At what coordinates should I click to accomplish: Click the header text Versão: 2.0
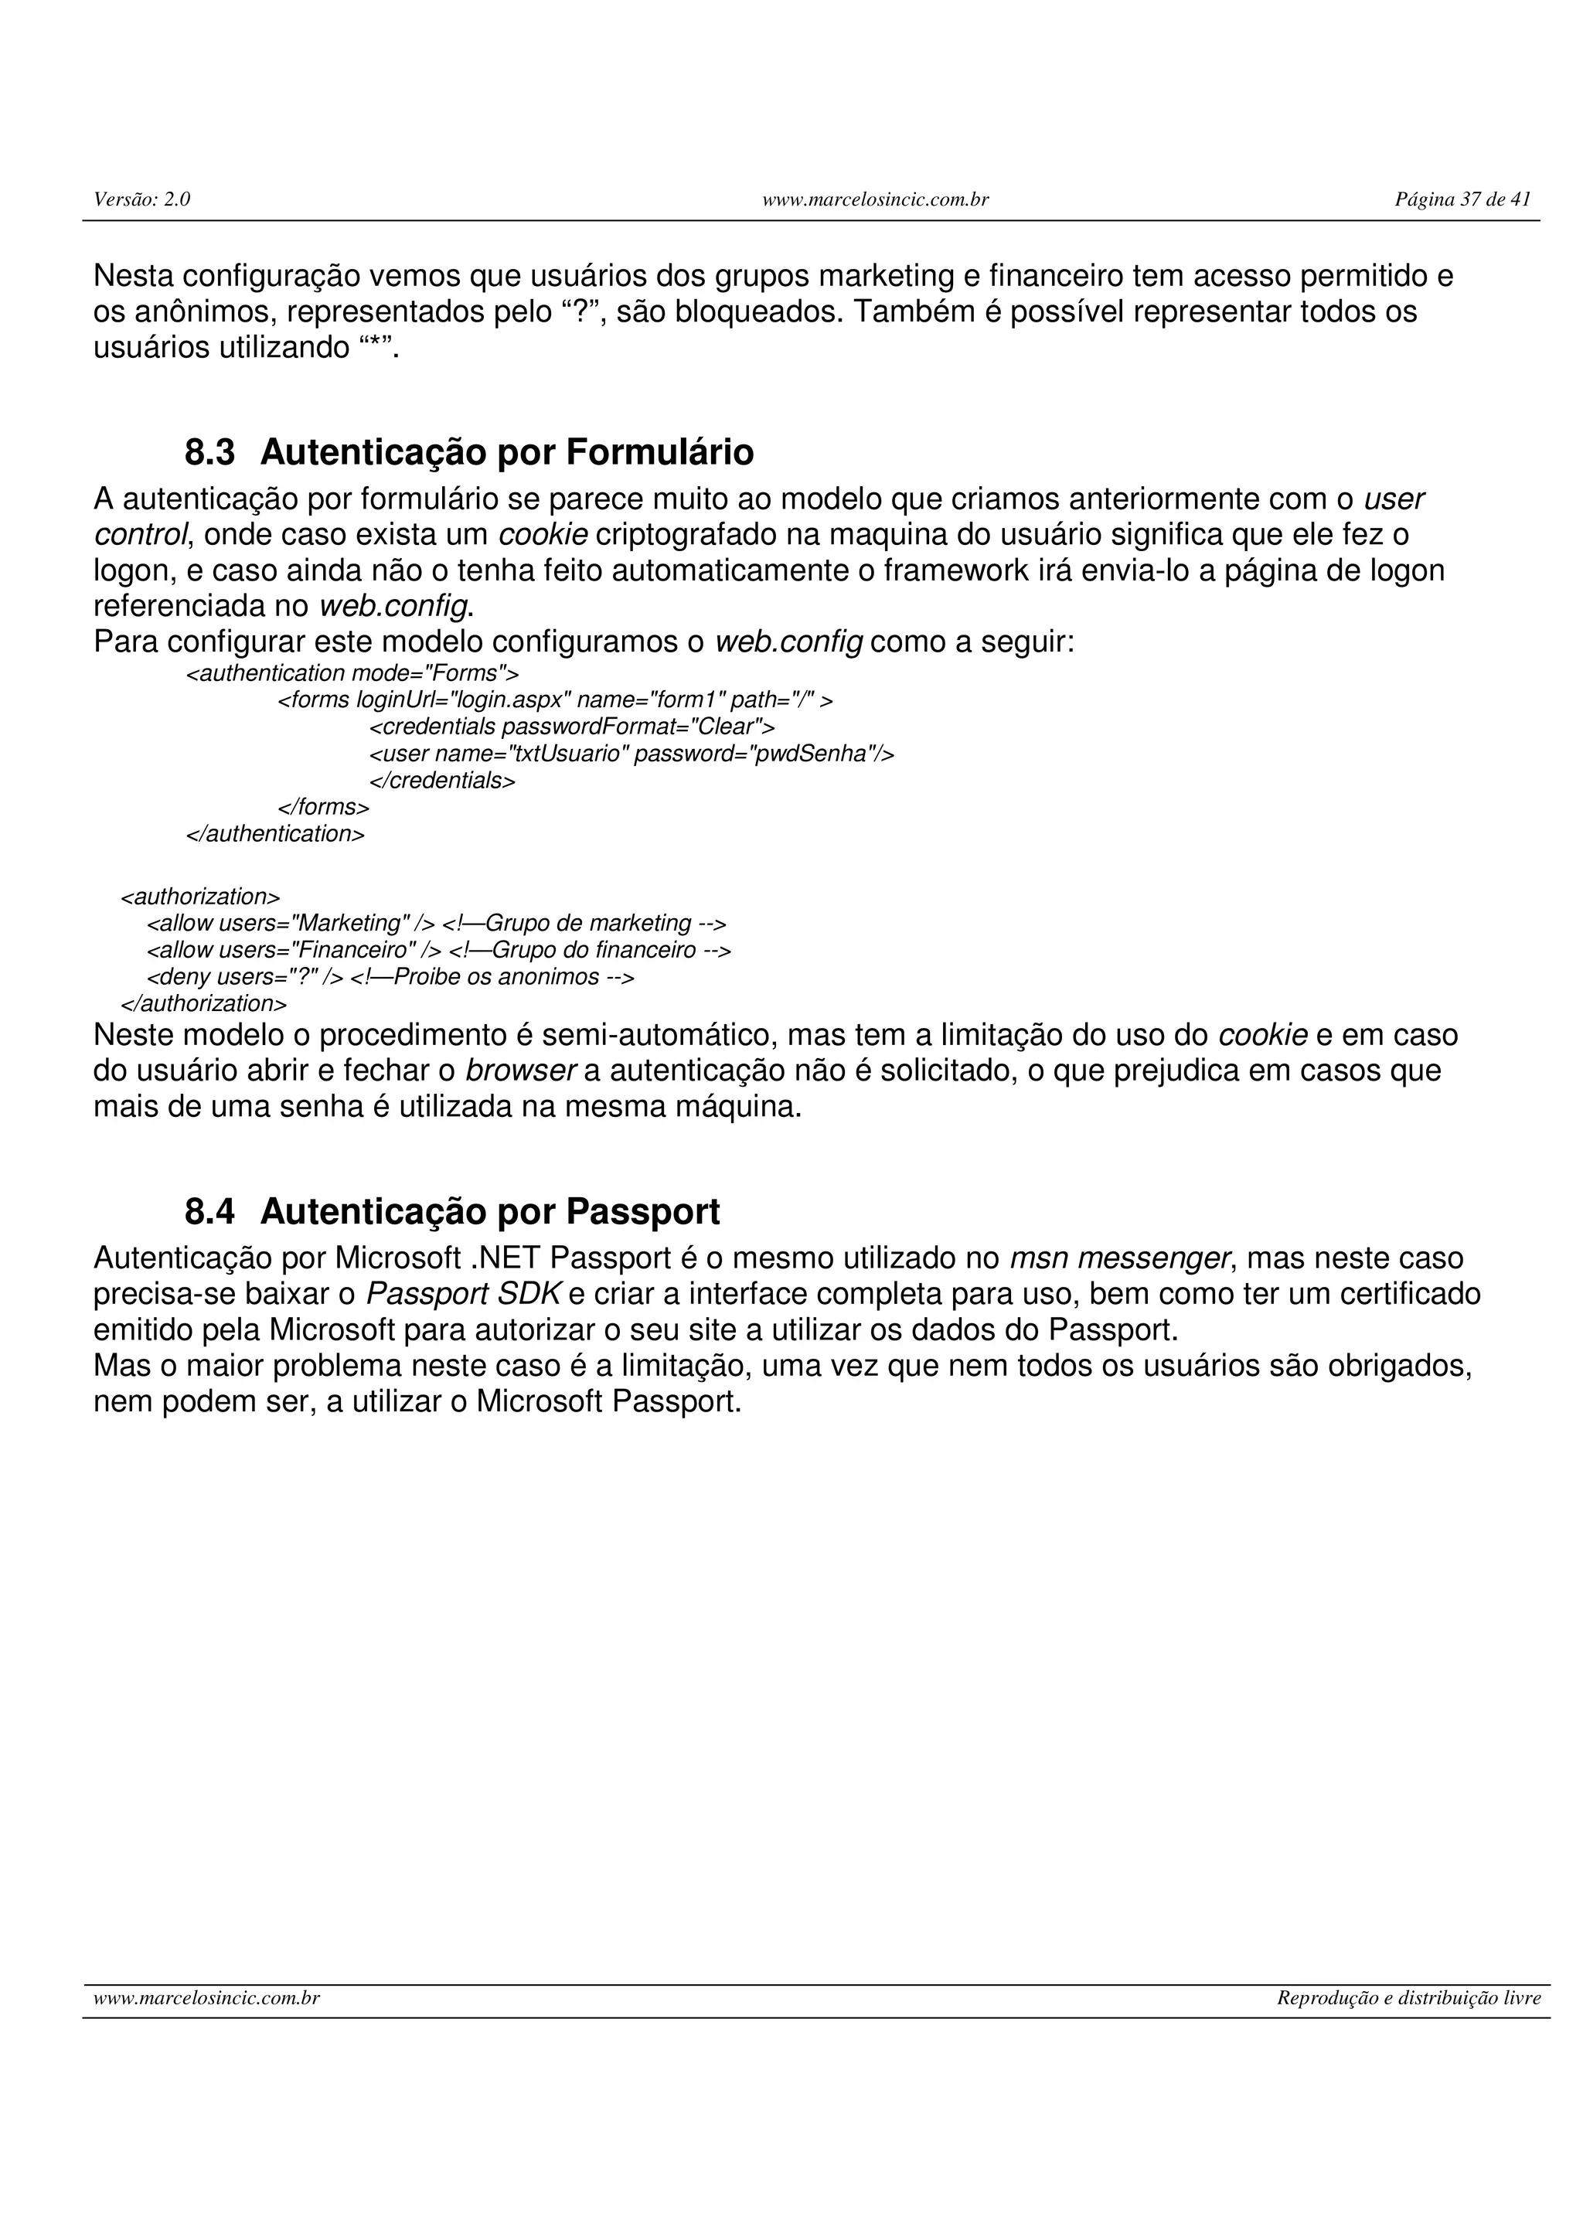point(141,200)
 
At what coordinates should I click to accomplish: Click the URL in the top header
point(875,200)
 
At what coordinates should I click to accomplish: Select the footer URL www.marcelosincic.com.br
point(207,1998)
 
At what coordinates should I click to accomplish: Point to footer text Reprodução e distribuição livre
point(1408,1998)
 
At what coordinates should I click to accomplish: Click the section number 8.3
point(209,453)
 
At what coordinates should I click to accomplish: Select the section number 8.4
point(209,1212)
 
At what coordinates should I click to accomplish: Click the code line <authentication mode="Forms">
point(352,673)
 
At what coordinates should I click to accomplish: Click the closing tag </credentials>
point(442,781)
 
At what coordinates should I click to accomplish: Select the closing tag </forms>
point(324,807)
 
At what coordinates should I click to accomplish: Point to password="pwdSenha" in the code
point(754,754)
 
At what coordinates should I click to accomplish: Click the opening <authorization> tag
point(200,897)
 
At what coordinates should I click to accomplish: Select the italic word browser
point(521,1071)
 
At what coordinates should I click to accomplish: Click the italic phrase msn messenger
point(1118,1258)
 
